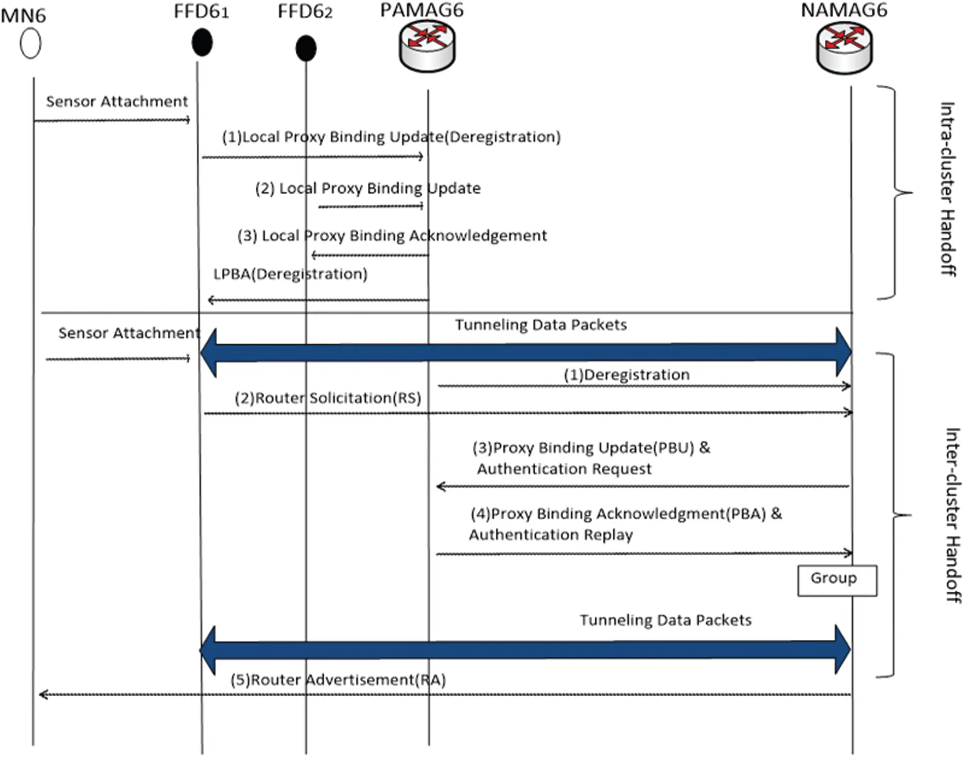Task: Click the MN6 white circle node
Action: tap(30, 44)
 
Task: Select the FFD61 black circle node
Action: tap(202, 42)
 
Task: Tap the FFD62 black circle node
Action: tap(306, 48)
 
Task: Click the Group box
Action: tap(837, 580)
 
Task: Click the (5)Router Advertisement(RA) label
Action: tap(338, 680)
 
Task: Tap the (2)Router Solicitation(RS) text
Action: tap(328, 398)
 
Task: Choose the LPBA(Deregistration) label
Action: tap(290, 274)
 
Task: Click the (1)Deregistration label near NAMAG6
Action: tap(627, 375)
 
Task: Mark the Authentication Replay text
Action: tap(550, 535)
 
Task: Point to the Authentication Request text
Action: tap(564, 469)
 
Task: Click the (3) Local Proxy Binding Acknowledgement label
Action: tap(392, 236)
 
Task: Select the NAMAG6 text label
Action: tap(844, 10)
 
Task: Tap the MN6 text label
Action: tap(23, 16)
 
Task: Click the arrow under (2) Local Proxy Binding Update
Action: tap(370, 206)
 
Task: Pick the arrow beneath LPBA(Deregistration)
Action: tap(319, 300)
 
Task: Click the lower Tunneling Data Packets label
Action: tap(665, 620)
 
